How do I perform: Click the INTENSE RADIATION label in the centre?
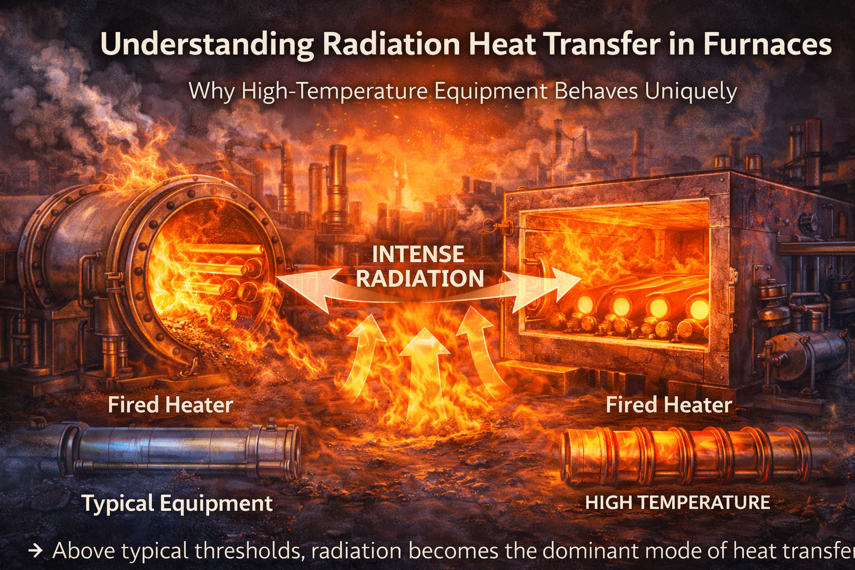(419, 266)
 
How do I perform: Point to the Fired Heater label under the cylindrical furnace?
(170, 405)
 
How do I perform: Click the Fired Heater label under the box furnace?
(669, 405)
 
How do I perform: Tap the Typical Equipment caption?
(178, 503)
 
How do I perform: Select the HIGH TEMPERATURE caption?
(677, 503)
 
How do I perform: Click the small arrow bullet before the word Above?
(36, 551)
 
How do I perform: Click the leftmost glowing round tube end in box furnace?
(585, 304)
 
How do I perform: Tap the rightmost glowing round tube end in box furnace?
(699, 309)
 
